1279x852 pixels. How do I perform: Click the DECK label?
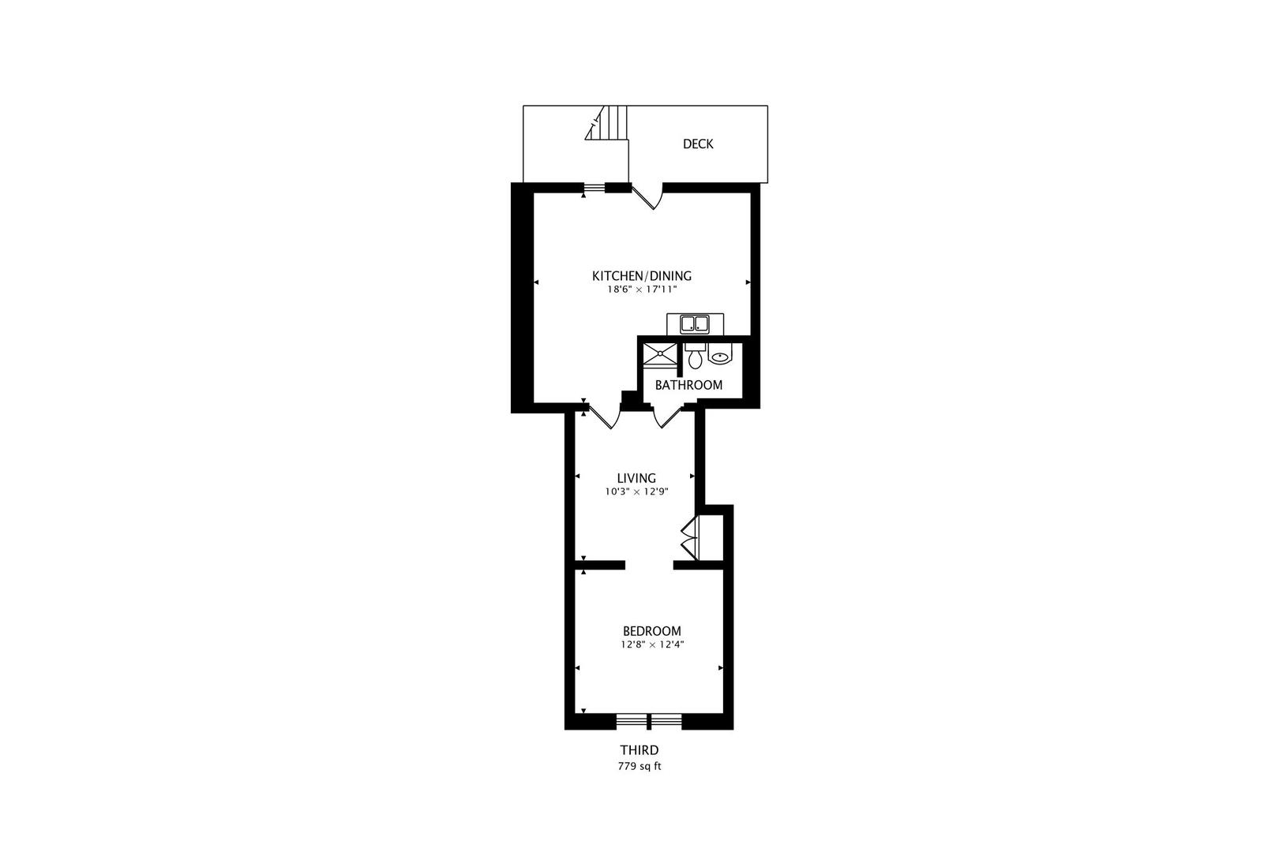[x=698, y=144]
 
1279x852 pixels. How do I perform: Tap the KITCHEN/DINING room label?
[x=642, y=275]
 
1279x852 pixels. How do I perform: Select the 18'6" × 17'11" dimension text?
[x=642, y=290]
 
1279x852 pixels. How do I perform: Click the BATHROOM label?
[x=688, y=385]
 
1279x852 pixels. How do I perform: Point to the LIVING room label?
[x=636, y=478]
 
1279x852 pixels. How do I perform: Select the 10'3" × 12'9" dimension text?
[x=636, y=491]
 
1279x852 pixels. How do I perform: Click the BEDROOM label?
[x=651, y=631]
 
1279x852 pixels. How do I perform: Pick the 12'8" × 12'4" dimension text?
[x=651, y=645]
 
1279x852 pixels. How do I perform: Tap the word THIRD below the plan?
[x=639, y=750]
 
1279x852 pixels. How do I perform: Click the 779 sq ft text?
[x=639, y=766]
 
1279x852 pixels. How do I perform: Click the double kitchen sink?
[x=695, y=323]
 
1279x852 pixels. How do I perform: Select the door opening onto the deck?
[x=647, y=196]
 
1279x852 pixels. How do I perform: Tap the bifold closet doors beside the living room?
[x=689, y=537]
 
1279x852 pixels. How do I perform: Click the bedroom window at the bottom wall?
[x=648, y=720]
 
